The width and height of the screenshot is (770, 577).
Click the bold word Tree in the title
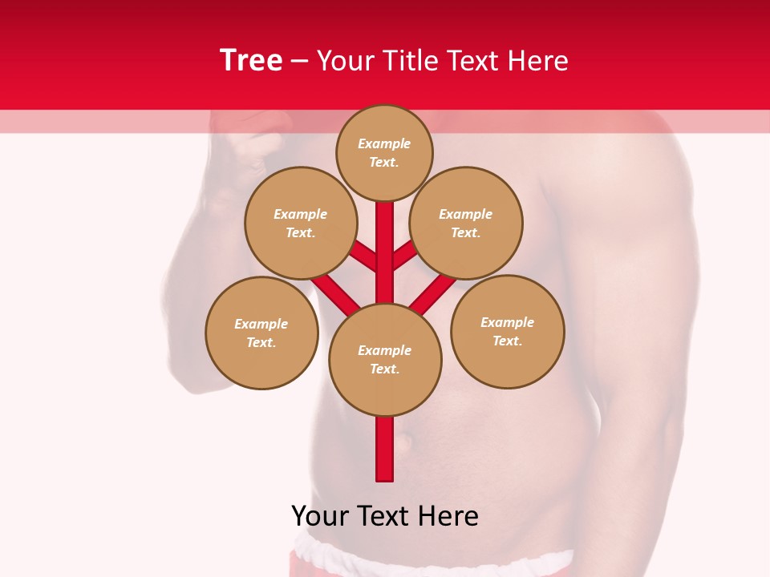click(251, 60)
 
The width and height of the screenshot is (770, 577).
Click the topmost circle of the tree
click(384, 152)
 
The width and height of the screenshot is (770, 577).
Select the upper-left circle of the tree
click(300, 223)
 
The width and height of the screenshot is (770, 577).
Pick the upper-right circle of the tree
click(466, 223)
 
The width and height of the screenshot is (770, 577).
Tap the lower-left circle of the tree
click(261, 333)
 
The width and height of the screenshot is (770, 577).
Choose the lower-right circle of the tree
click(508, 331)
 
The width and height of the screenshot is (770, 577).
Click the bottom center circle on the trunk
click(385, 360)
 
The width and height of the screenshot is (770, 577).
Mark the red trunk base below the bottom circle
click(385, 449)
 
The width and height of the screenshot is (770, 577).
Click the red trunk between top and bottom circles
click(385, 252)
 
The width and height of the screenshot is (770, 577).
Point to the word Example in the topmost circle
click(384, 144)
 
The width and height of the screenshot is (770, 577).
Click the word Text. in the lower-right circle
click(507, 341)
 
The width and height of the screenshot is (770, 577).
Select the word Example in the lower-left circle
click(261, 324)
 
